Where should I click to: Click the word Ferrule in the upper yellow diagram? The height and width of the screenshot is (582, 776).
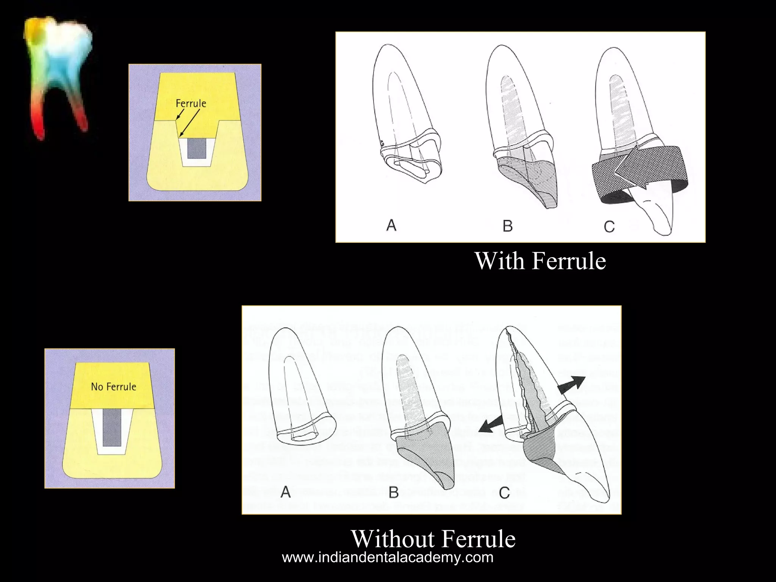tap(191, 103)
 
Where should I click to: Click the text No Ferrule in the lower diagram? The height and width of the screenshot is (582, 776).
tap(113, 386)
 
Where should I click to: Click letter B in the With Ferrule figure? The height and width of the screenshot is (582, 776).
tap(507, 226)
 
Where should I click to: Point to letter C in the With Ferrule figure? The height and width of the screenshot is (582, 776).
tap(609, 227)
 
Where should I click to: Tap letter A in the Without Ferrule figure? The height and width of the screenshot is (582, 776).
tap(286, 492)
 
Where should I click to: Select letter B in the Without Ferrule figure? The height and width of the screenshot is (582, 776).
tap(394, 492)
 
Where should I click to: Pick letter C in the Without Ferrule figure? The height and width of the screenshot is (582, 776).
tap(504, 493)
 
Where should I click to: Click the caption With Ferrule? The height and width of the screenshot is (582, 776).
tap(540, 261)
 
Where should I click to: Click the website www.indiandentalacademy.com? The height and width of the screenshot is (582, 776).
tap(388, 557)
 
